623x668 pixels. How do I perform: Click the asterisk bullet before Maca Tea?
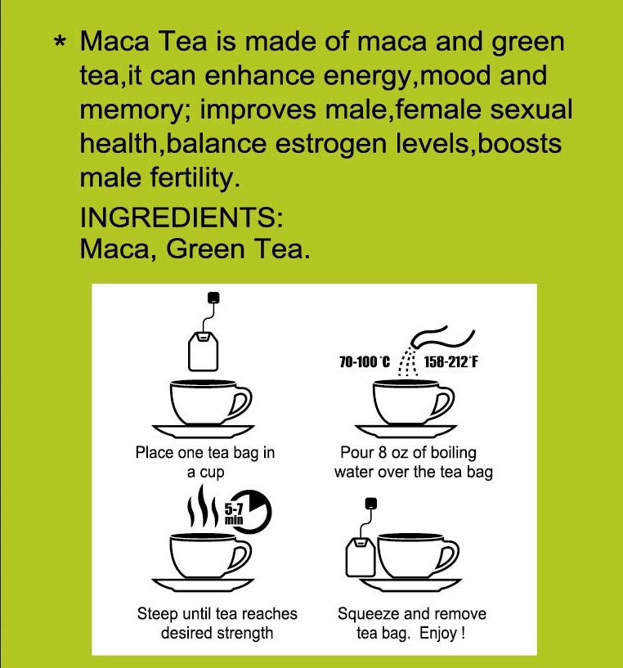(60, 43)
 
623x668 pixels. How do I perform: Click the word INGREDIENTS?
(181, 218)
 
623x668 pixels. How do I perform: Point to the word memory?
(132, 110)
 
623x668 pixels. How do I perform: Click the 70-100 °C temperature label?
(364, 361)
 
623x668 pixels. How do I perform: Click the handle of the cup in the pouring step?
(442, 402)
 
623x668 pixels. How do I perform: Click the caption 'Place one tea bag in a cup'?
(204, 462)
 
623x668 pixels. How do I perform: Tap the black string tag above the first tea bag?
(213, 297)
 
